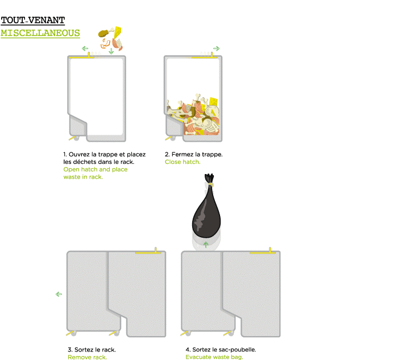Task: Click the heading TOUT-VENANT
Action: coord(33,20)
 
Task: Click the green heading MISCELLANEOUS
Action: coord(40,33)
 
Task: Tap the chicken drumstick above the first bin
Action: coord(106,32)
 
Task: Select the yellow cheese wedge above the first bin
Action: coord(118,33)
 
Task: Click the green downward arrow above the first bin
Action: coord(111,51)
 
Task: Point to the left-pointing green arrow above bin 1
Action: coord(85,48)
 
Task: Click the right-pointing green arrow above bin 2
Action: coord(216,48)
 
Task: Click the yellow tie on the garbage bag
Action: coord(210,184)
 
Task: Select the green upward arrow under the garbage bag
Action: coord(206,245)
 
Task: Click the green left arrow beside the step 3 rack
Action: coord(59,294)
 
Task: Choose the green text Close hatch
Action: coord(183,162)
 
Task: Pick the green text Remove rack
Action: coord(88,357)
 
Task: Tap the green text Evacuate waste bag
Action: coord(214,357)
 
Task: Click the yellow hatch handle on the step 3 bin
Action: coord(148,252)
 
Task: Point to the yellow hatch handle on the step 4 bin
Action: coord(263,252)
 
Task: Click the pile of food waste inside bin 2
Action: coord(193,115)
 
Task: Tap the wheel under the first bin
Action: coord(76,138)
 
